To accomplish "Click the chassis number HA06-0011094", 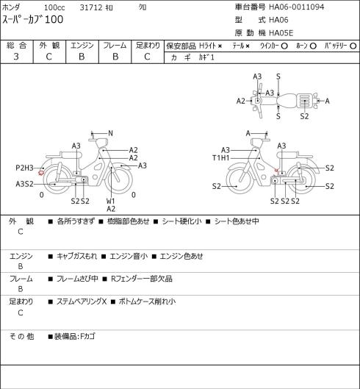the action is pyautogui.click(x=297, y=7).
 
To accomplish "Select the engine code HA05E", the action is pyautogui.click(x=281, y=33).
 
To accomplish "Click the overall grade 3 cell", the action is pyautogui.click(x=16, y=57).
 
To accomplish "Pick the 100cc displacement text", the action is pyautogui.click(x=54, y=7).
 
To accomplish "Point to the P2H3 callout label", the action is pyautogui.click(x=24, y=168).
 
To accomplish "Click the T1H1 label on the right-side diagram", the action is pyautogui.click(x=221, y=158).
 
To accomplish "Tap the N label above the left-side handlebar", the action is pyautogui.click(x=111, y=134).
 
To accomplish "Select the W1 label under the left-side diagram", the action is pyautogui.click(x=111, y=201).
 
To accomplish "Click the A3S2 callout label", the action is pyautogui.click(x=24, y=184).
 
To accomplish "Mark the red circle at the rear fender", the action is pyautogui.click(x=41, y=173).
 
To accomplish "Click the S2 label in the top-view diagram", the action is pyautogui.click(x=304, y=116).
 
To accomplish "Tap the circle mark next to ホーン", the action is pyautogui.click(x=313, y=46).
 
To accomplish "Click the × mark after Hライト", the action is pyautogui.click(x=220, y=46).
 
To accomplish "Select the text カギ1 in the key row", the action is pyautogui.click(x=206, y=57).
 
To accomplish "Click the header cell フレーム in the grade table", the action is pyautogui.click(x=115, y=46).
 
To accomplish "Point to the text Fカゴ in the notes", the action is pyautogui.click(x=87, y=336).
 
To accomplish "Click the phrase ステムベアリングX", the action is pyautogui.click(x=82, y=301).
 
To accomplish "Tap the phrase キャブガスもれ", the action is pyautogui.click(x=76, y=256).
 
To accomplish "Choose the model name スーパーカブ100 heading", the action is pyautogui.click(x=33, y=20).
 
